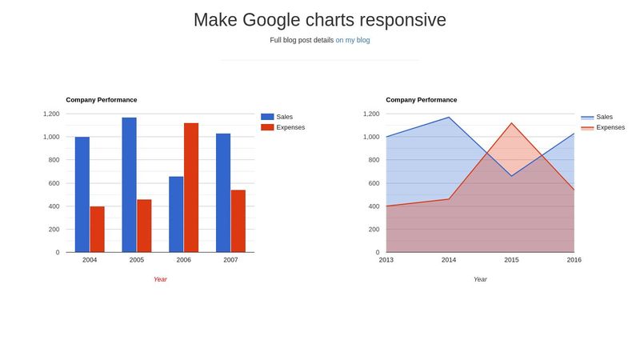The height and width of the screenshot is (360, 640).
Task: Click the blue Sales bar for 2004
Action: click(x=82, y=194)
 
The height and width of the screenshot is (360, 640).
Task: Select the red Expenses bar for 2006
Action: click(x=191, y=187)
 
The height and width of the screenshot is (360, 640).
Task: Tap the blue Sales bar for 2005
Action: click(x=129, y=185)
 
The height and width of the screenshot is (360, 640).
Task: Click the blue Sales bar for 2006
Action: click(x=176, y=214)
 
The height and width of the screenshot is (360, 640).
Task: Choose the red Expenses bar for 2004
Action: click(x=97, y=229)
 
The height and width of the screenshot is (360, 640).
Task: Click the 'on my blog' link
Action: click(x=352, y=40)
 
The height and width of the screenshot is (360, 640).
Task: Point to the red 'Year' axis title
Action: click(x=160, y=279)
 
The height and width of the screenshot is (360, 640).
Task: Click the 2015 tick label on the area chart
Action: click(x=511, y=260)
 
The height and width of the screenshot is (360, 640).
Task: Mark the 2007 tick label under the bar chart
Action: click(x=230, y=260)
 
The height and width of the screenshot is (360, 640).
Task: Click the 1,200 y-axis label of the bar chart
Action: click(x=50, y=114)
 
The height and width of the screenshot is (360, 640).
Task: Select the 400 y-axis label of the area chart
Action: click(x=372, y=206)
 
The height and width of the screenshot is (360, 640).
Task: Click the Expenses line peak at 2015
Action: click(x=511, y=123)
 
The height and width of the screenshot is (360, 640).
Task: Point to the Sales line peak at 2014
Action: click(x=449, y=118)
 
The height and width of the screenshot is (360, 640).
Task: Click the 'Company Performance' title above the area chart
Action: click(x=421, y=100)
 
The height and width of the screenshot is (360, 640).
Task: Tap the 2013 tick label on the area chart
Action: click(x=386, y=260)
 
